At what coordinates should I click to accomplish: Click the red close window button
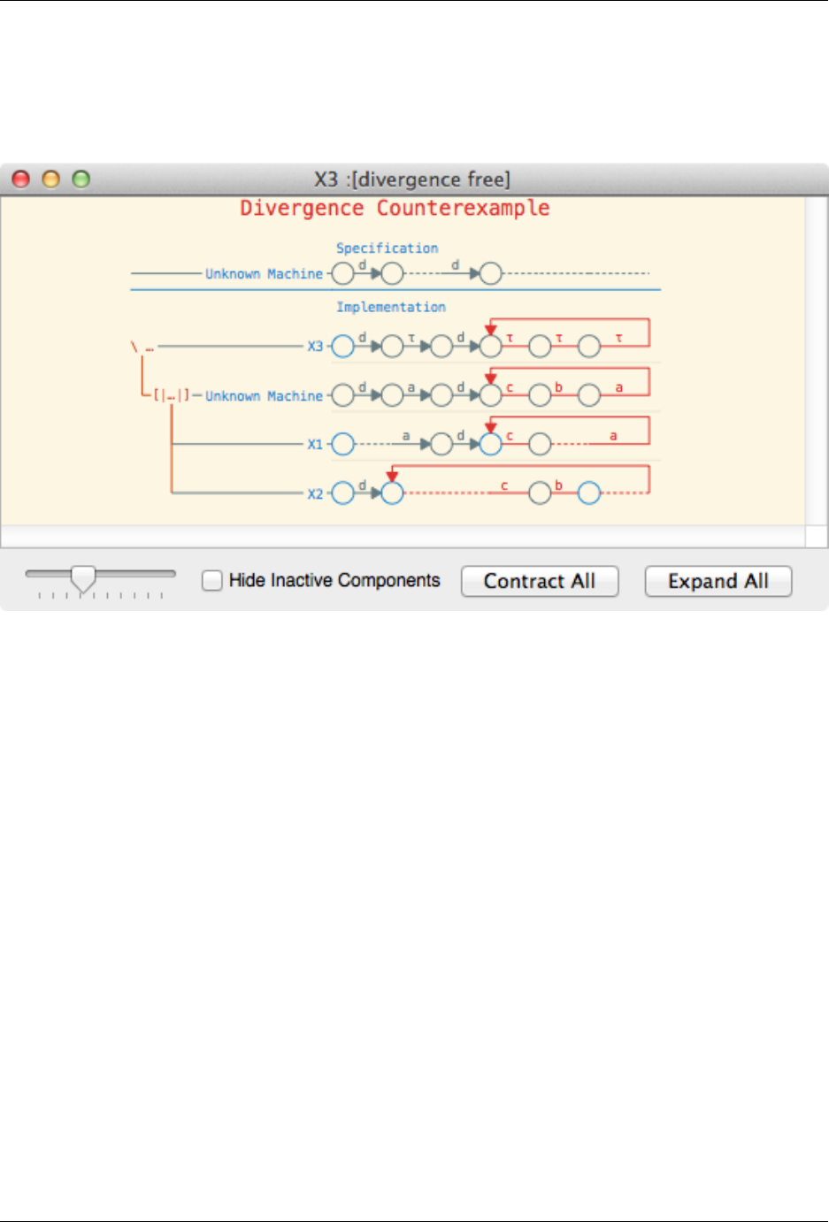20,179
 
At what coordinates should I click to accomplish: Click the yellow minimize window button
51,179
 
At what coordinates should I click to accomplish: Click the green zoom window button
81,179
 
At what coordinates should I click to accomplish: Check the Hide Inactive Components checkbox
212,581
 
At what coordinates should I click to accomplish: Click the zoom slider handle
83,579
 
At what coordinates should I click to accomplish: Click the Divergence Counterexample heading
395,209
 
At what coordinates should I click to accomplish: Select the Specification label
387,248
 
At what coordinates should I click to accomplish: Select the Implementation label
390,307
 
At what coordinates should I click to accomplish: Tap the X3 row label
315,347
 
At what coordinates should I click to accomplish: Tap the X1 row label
315,445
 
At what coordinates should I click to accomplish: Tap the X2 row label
315,494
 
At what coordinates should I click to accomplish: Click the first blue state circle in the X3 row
342,347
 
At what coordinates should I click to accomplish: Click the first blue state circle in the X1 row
342,444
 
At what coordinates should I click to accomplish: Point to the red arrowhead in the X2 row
392,477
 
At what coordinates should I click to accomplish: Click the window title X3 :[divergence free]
412,179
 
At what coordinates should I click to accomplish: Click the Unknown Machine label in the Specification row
264,274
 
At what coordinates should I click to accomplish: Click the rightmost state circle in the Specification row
491,274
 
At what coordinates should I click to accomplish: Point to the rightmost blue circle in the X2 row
589,493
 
